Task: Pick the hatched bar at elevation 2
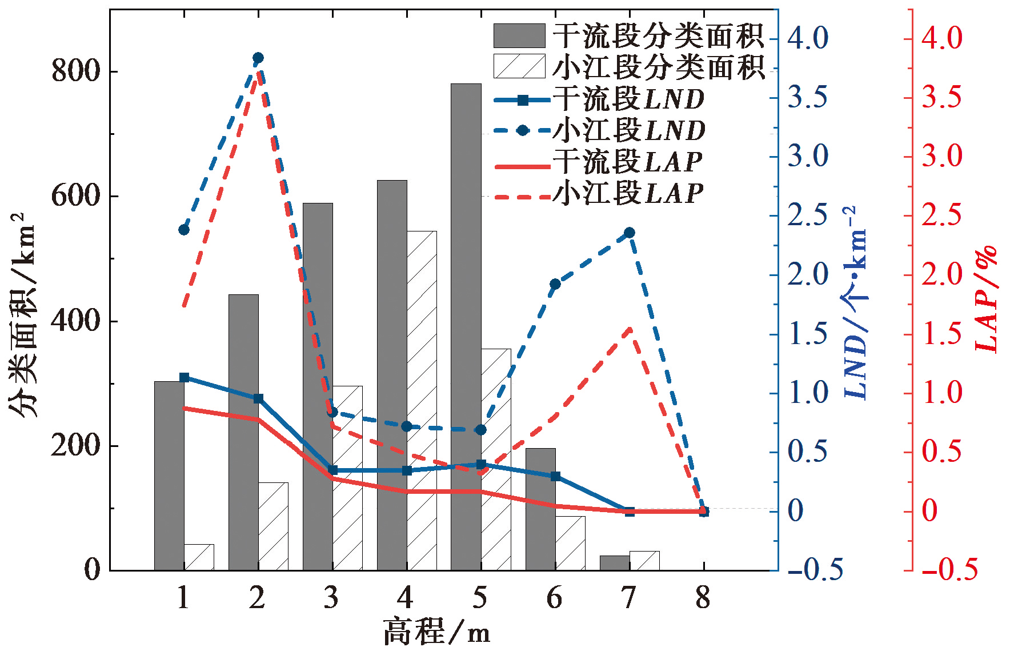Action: click(x=273, y=526)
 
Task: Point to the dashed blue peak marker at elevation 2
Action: click(x=258, y=58)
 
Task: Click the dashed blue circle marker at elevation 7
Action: click(x=630, y=233)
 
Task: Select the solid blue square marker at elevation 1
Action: click(x=184, y=377)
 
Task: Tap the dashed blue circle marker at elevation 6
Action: click(x=555, y=284)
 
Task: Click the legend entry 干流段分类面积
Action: click(x=628, y=36)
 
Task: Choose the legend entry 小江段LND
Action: click(x=600, y=130)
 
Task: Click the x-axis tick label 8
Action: click(x=703, y=598)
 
